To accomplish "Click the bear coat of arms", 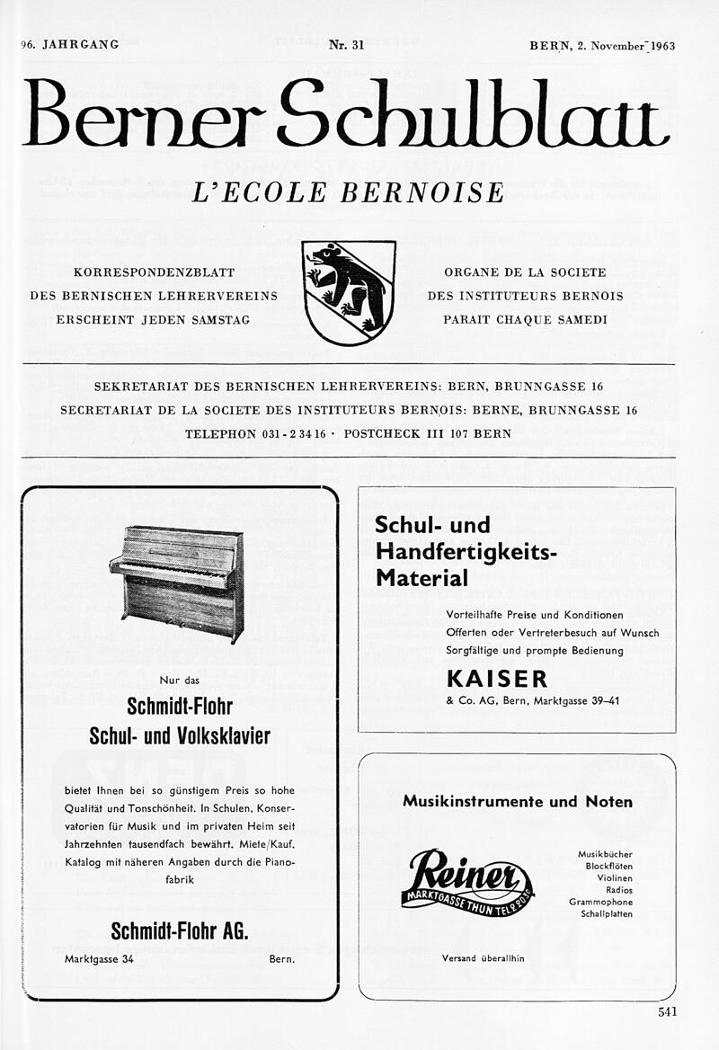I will click(x=349, y=291).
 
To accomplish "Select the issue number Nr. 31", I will click(x=347, y=46).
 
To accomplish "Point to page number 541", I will click(x=667, y=1011).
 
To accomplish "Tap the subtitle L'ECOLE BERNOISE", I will click(x=349, y=192).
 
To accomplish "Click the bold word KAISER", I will click(x=497, y=677).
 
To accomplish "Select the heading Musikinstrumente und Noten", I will click(x=517, y=801).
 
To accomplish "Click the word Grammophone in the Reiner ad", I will click(x=600, y=902).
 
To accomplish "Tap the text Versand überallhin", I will click(x=483, y=958).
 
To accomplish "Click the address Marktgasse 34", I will click(x=99, y=959).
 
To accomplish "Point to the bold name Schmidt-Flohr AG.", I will click(x=179, y=930).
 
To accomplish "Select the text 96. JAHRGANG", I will click(x=70, y=45).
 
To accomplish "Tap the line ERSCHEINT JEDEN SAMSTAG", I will click(x=153, y=320).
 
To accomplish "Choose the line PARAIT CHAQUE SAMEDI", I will click(x=525, y=320).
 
